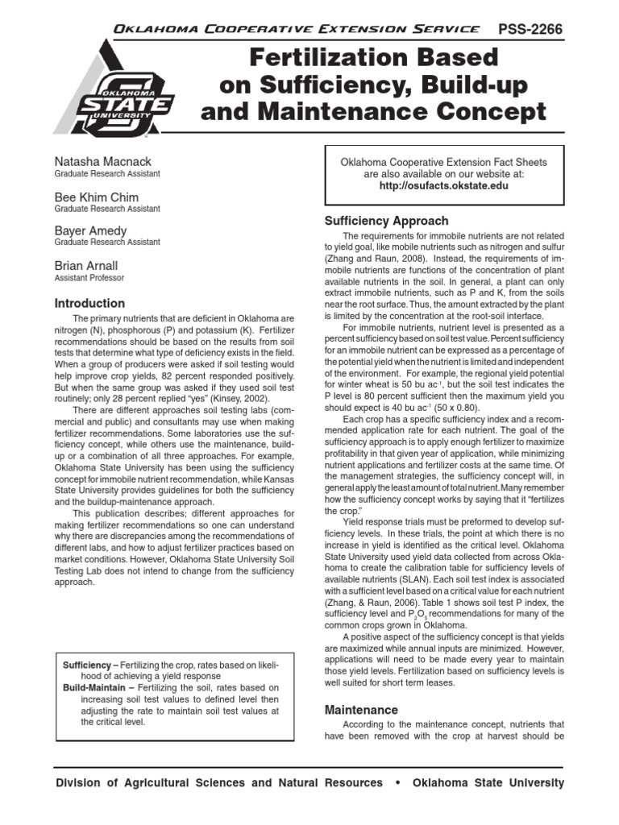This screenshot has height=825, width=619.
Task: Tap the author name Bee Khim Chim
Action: (x=97, y=197)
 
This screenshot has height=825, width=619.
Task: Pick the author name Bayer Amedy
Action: (x=90, y=230)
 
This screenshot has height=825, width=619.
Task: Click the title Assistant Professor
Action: (x=89, y=278)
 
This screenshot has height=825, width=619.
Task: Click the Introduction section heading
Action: (x=89, y=304)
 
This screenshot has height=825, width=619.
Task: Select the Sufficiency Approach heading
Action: (x=386, y=221)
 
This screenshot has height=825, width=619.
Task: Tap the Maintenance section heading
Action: (x=361, y=710)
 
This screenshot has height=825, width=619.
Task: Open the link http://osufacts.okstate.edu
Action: (x=443, y=184)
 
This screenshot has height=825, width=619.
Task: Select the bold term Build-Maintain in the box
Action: (x=98, y=688)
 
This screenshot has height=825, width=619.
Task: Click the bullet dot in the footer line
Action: (x=397, y=783)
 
